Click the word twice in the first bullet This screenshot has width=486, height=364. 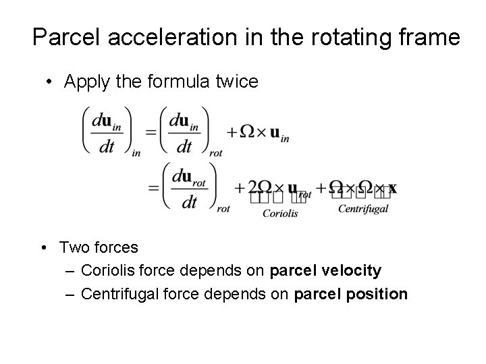tap(236, 82)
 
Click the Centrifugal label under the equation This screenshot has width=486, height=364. tap(363, 209)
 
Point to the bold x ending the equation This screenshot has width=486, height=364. tap(392, 188)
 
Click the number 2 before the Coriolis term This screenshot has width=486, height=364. tap(252, 187)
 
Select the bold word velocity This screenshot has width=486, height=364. tap(354, 271)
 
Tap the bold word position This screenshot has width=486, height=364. tap(381, 294)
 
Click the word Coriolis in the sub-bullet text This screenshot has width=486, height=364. tap(105, 271)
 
